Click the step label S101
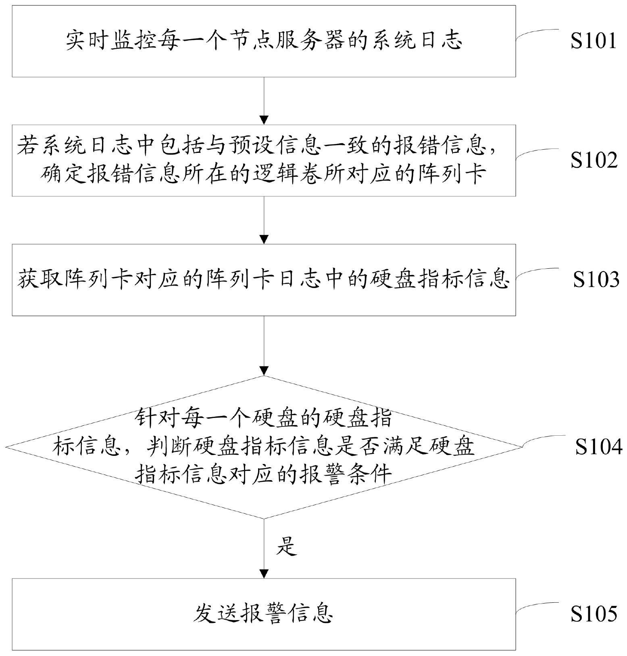[593, 41]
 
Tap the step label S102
[593, 160]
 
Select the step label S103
[596, 279]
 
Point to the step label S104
[598, 447]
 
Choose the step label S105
[593, 614]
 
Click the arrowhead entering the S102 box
[264, 120]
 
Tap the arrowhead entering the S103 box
[264, 239]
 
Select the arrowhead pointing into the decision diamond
[264, 370]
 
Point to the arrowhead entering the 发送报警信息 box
[264, 573]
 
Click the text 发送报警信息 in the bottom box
[263, 614]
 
